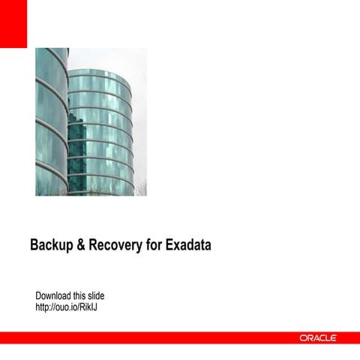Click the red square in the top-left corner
(13, 22)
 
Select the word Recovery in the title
(115, 245)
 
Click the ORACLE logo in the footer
(318, 338)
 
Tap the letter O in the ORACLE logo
(304, 338)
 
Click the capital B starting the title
(34, 245)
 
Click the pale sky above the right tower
(112, 58)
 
